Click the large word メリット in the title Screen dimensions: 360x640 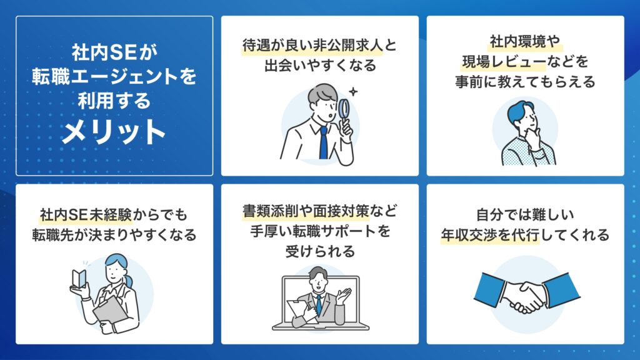point(114,132)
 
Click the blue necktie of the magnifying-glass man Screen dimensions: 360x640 point(323,143)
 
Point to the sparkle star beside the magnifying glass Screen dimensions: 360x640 point(354,92)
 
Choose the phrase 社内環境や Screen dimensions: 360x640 point(525,44)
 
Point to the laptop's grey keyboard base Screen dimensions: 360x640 point(320,326)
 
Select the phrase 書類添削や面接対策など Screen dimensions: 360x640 point(320,211)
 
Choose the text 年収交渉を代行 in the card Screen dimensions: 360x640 point(489,236)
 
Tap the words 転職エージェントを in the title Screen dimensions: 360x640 point(114,77)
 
